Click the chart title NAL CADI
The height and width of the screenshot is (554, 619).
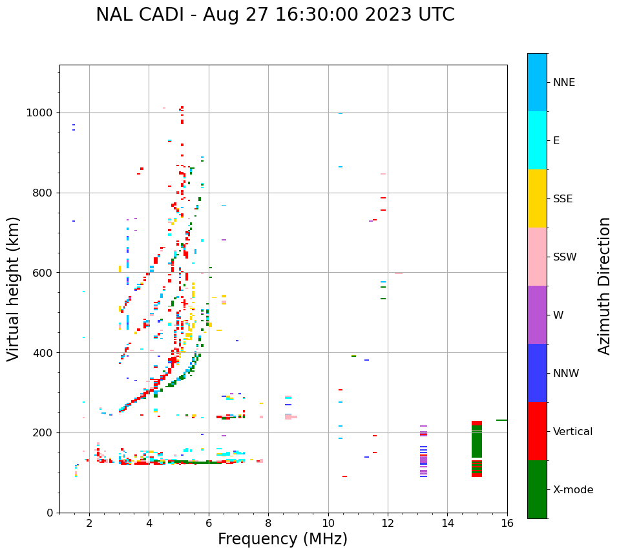pyautogui.click(x=275, y=15)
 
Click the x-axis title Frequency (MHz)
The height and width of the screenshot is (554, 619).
pyautogui.click(x=282, y=539)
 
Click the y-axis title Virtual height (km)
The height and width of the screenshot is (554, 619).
pyautogui.click(x=14, y=288)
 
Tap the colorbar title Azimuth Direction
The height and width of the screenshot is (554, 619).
pyautogui.click(x=604, y=286)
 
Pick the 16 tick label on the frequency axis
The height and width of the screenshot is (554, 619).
pyautogui.click(x=507, y=523)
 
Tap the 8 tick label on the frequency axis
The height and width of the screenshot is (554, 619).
pyautogui.click(x=268, y=523)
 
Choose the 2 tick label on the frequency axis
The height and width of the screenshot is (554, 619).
pyautogui.click(x=89, y=523)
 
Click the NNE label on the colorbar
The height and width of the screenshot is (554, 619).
pyautogui.click(x=563, y=83)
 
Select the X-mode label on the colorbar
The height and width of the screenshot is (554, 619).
pyautogui.click(x=573, y=490)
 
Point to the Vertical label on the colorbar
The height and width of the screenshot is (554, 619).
pyautogui.click(x=573, y=432)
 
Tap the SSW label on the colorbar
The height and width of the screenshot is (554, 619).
pyautogui.click(x=565, y=257)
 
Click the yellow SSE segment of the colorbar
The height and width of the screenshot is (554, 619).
pyautogui.click(x=537, y=198)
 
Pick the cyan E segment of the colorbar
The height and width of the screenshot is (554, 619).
pyautogui.click(x=537, y=140)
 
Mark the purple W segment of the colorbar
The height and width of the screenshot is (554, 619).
pyautogui.click(x=537, y=315)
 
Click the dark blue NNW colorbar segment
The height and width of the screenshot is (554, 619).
pyautogui.click(x=537, y=373)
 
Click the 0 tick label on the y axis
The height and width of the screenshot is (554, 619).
pyautogui.click(x=50, y=513)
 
